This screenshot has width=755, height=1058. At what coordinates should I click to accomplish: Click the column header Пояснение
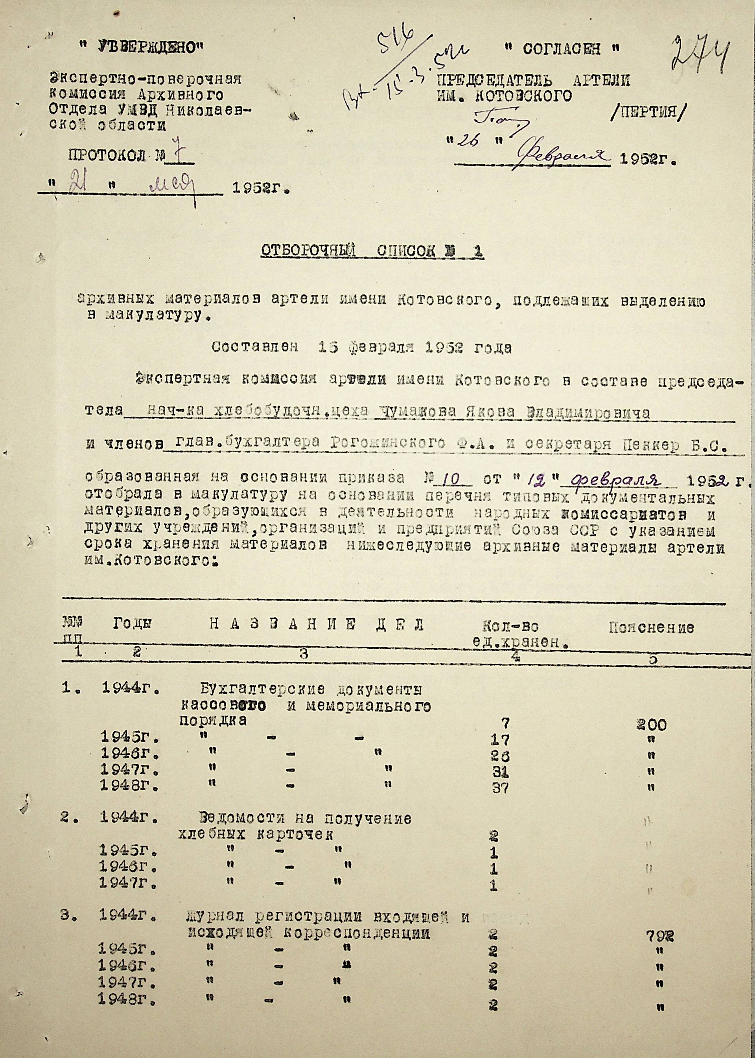(x=651, y=628)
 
